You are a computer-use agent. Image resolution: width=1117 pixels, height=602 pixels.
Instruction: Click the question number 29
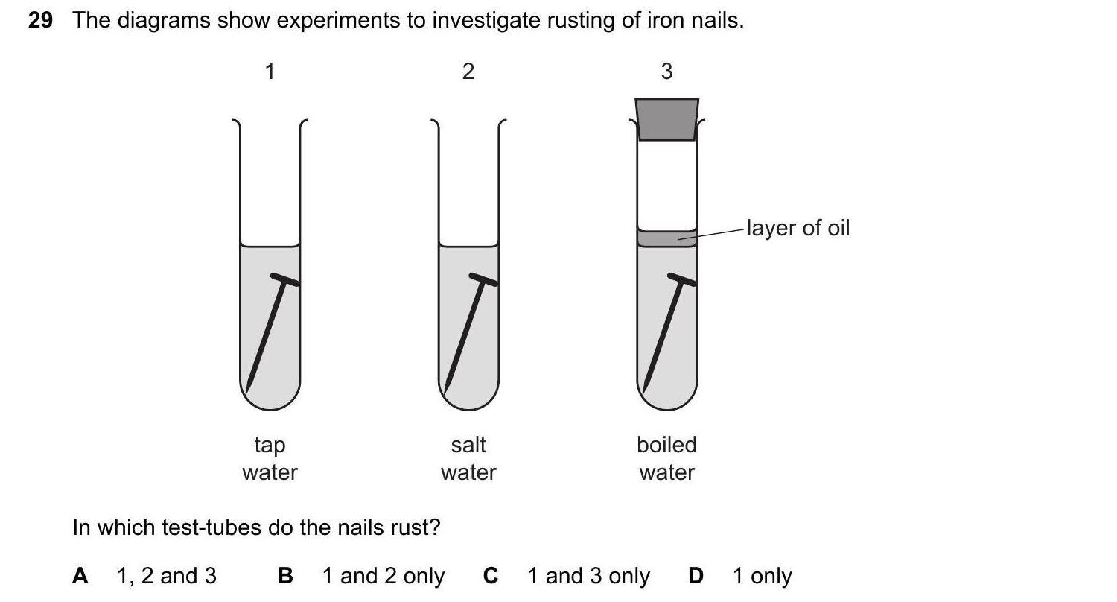(x=40, y=21)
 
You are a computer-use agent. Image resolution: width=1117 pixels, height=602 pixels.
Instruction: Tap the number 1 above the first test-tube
(x=270, y=72)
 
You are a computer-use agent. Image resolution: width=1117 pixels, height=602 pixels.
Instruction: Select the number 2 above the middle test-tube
(x=468, y=72)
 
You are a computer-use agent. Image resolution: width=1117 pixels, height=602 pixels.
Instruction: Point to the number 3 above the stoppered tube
(x=666, y=72)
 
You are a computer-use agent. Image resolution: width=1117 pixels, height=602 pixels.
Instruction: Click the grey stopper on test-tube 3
(x=667, y=119)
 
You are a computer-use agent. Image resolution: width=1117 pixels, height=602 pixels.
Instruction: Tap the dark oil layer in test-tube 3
(x=666, y=238)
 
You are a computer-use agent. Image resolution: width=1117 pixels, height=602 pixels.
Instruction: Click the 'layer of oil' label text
(x=798, y=228)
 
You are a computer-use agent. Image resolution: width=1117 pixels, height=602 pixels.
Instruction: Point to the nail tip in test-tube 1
(x=249, y=388)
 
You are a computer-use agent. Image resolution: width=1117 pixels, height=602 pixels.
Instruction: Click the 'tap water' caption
(x=270, y=458)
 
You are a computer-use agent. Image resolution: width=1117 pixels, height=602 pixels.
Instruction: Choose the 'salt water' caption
(x=468, y=458)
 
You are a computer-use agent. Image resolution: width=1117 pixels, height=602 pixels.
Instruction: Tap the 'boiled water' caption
(x=666, y=458)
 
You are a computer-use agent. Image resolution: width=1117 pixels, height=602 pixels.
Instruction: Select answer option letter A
(x=80, y=576)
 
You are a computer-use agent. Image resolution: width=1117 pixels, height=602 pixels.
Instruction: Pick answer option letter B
(x=285, y=576)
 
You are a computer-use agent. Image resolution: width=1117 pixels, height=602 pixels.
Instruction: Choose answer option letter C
(x=490, y=576)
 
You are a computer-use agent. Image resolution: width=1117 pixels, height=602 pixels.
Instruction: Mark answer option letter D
(x=696, y=576)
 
